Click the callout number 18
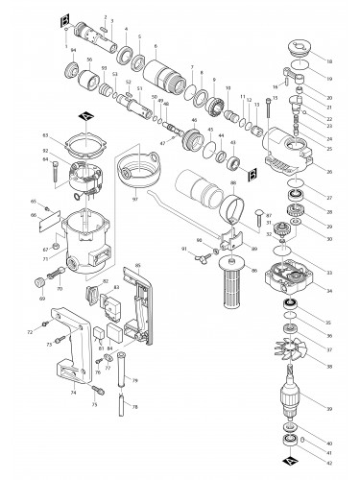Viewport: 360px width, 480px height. [x=330, y=60]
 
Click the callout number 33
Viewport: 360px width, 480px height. [x=330, y=273]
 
